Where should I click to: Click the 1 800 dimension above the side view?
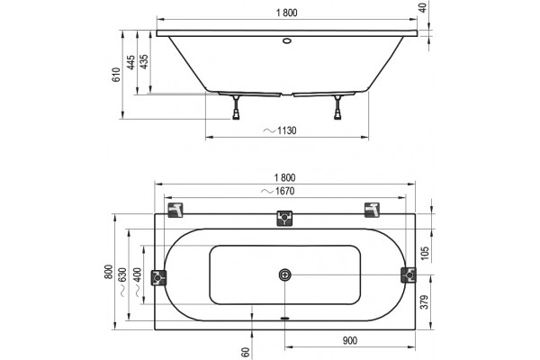click(286, 13)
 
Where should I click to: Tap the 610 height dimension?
click(117, 75)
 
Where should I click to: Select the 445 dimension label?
click(130, 62)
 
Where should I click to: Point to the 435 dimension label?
click(145, 62)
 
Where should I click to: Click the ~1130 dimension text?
click(280, 130)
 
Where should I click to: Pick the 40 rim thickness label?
click(423, 7)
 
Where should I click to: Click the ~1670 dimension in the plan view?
click(278, 191)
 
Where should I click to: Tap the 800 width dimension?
click(109, 272)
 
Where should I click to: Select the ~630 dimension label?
click(122, 282)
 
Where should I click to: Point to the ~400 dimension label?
click(137, 282)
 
